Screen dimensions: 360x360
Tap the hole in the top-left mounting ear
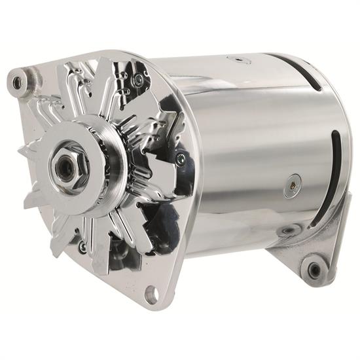[16, 82]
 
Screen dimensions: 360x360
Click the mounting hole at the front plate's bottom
[151, 295]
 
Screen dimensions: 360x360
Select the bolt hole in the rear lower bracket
[314, 268]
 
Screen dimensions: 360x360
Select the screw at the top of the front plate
[138, 80]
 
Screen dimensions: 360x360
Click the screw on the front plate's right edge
[181, 157]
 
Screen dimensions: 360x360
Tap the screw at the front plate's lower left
[82, 247]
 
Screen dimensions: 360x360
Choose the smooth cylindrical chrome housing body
[242, 144]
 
